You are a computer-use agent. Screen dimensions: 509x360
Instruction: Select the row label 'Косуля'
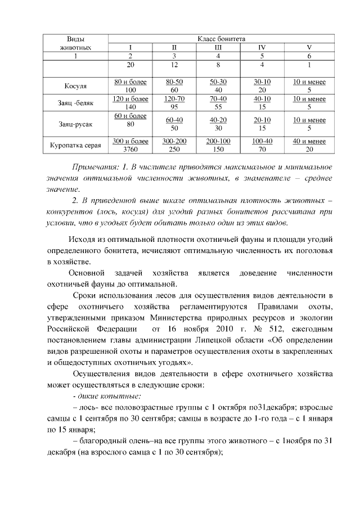[x=76, y=86]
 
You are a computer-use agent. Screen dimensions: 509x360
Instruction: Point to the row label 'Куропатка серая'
[x=76, y=145]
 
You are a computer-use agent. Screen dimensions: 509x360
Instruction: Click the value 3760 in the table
[x=130, y=149]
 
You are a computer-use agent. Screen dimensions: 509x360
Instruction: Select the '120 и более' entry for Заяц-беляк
[x=130, y=98]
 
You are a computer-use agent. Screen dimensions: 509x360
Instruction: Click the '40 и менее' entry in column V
[x=309, y=141]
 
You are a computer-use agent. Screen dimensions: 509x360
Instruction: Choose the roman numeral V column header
[x=309, y=47]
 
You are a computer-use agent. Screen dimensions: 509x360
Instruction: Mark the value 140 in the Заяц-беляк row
[x=130, y=107]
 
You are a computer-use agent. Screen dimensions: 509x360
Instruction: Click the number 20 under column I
[x=130, y=66]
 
